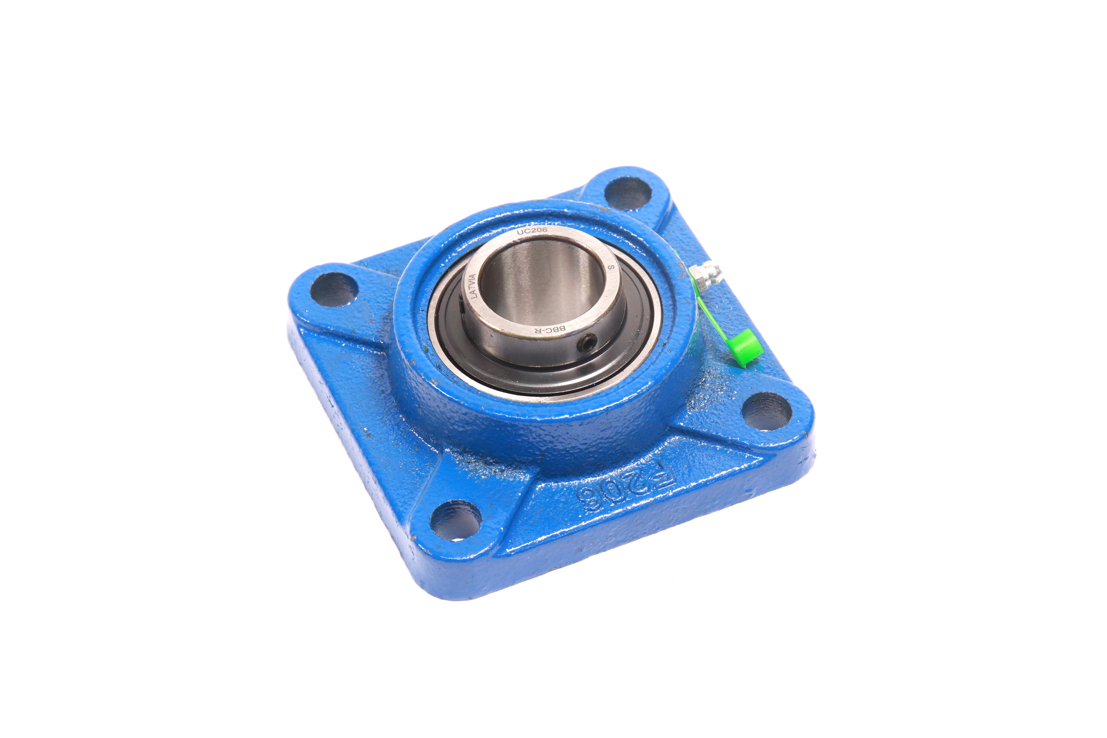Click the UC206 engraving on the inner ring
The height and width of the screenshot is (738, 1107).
532,231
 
